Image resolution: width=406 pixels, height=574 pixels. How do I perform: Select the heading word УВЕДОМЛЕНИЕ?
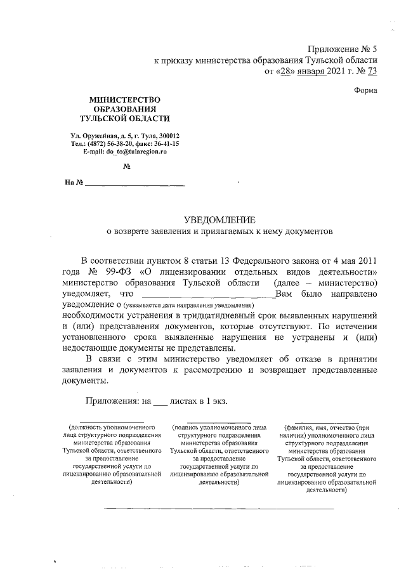click(x=219, y=219)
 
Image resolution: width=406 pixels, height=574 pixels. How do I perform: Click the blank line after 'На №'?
click(x=134, y=185)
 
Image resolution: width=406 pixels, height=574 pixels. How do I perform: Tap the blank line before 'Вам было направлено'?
click(x=207, y=295)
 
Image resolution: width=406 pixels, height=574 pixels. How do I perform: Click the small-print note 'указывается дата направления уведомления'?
click(x=190, y=306)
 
